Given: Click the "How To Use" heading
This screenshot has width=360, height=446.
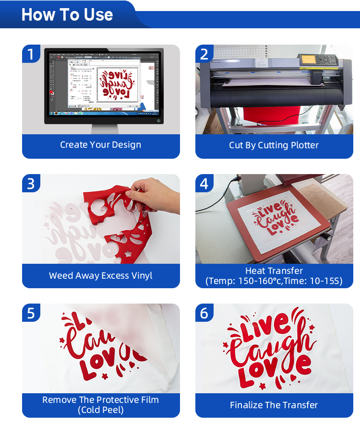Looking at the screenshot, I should point(67,15).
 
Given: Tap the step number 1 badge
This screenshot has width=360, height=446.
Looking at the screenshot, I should point(31,54).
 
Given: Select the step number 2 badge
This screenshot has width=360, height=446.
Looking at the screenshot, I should point(204,54).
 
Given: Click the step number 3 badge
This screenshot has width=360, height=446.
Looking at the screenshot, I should point(31,184).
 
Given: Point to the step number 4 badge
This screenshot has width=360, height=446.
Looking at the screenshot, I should point(204,184).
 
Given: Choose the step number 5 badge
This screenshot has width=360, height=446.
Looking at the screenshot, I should point(31,313).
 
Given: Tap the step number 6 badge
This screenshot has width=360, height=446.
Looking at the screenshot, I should point(204,313).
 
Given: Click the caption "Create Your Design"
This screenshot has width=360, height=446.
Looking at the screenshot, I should point(101,145).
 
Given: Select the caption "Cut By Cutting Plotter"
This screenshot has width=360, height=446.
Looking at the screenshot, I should point(274,145).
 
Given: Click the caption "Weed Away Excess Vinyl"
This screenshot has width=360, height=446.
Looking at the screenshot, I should point(101,275).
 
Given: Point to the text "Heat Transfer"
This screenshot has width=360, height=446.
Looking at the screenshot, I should point(274,271).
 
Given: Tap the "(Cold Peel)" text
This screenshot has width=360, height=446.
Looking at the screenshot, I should point(101,410).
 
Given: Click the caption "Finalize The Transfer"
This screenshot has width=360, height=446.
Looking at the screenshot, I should point(274,405).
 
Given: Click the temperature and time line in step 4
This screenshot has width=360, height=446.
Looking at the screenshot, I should point(274,281).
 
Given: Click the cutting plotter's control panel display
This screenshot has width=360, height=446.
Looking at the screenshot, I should point(311,60).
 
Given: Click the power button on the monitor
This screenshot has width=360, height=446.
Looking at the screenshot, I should point(158,120).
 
